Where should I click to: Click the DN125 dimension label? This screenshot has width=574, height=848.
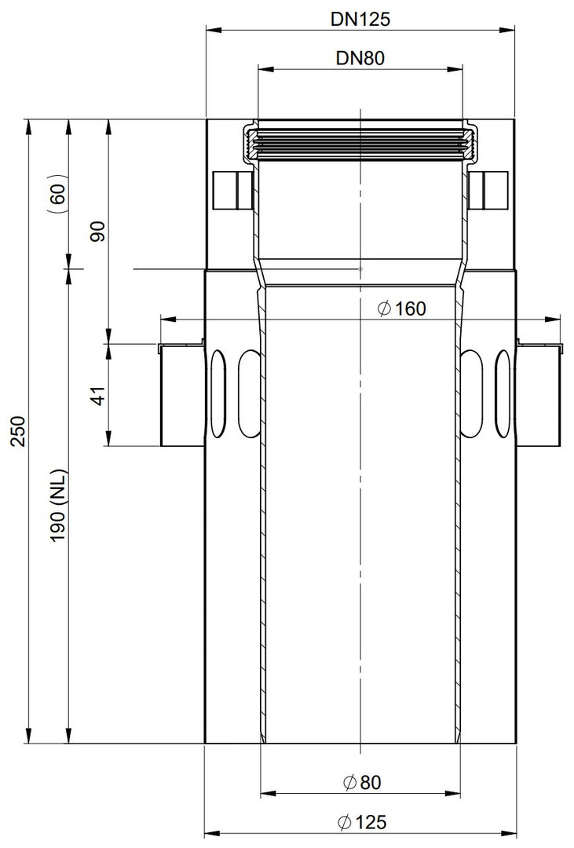point(360,19)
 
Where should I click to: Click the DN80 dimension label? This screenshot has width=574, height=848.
point(360,58)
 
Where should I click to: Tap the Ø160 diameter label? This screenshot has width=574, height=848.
point(402,309)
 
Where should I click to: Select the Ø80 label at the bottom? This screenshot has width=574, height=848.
point(362,782)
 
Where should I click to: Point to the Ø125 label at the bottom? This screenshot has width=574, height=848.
point(362,823)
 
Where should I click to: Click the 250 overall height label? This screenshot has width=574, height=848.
point(18,431)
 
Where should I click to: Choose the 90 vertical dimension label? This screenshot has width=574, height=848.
point(98,231)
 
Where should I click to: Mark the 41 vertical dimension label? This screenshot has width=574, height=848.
point(98,395)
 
